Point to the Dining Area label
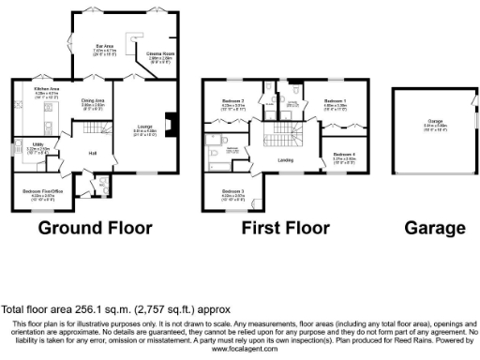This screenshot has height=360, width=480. pos(92,99)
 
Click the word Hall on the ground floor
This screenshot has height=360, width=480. pos(93,153)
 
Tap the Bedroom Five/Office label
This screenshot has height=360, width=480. pos(37,190)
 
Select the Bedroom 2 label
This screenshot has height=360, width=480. pos(232,100)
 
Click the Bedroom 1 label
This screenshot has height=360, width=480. pos(335,100)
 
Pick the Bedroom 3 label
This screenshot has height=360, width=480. pos(232,191)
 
